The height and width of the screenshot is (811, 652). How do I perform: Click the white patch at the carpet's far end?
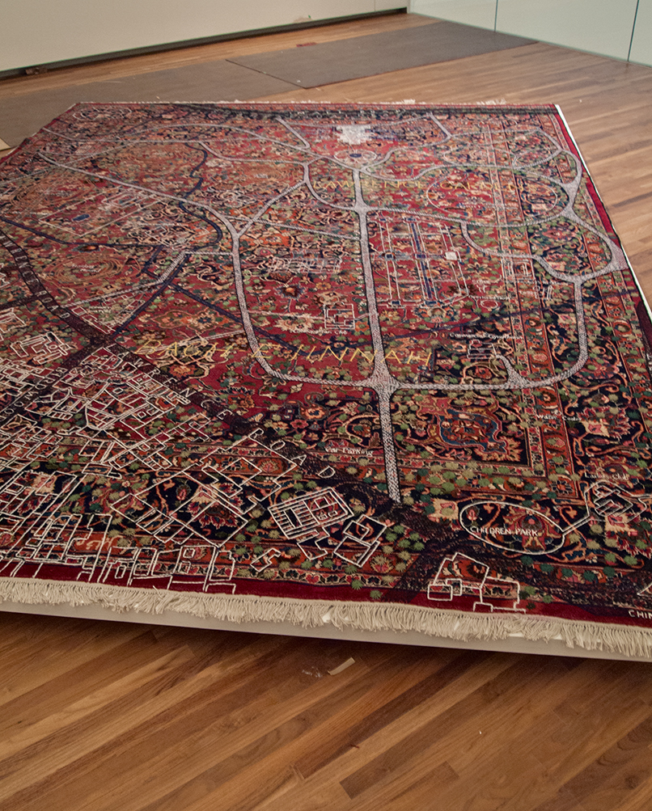tap(354, 134)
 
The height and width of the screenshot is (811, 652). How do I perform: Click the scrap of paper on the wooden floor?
tap(340, 666)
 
